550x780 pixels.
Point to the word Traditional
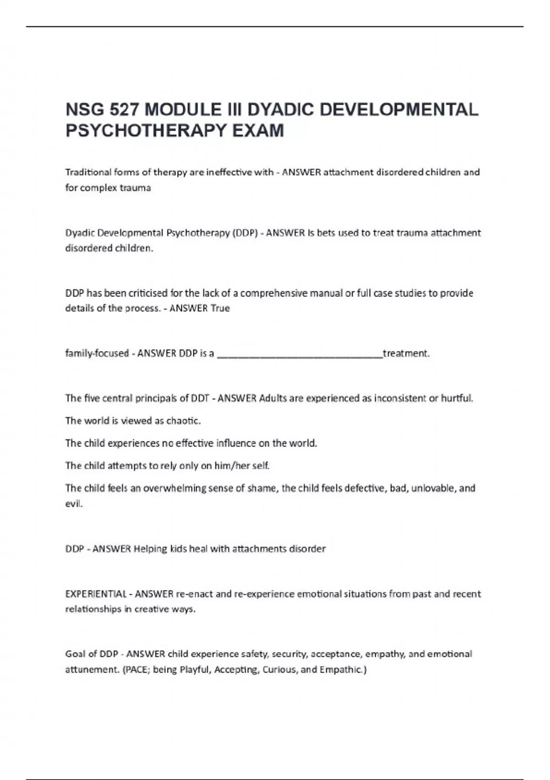88,173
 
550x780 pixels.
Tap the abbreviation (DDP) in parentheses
245,233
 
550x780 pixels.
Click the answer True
220,308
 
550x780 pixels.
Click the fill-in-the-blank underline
299,354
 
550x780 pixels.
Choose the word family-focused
97,353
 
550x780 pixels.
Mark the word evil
73,504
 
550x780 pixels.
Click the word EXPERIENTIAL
96,594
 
